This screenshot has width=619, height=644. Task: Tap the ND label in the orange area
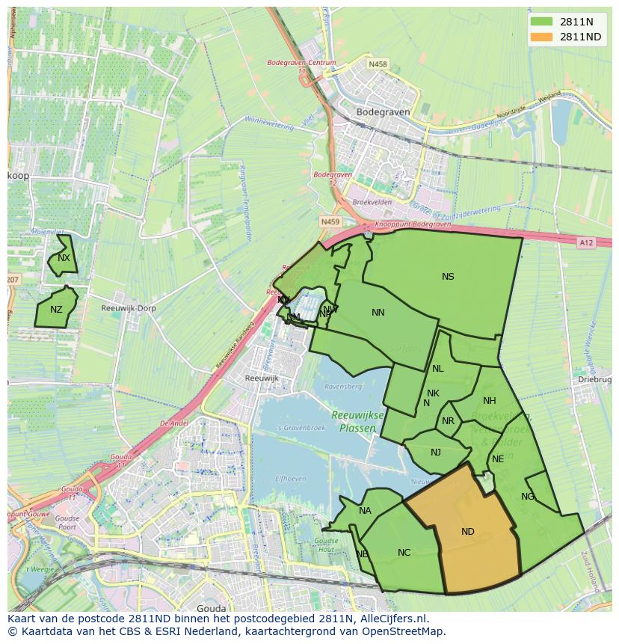[467, 532]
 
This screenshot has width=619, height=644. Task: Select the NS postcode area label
[448, 277]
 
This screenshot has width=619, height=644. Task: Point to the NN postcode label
[378, 313]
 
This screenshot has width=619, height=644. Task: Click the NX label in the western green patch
[64, 258]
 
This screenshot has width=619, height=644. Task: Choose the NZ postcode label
[56, 310]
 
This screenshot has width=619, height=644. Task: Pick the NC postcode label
[404, 553]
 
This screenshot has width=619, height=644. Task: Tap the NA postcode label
[365, 511]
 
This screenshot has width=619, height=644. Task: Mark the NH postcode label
[490, 401]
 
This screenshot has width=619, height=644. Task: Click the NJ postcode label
[436, 452]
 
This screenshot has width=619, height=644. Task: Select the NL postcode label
[437, 369]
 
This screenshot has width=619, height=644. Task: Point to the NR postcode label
[448, 421]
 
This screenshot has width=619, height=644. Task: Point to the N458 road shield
[378, 64]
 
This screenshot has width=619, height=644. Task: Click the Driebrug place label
[594, 380]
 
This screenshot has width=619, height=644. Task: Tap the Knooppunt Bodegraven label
[413, 224]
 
